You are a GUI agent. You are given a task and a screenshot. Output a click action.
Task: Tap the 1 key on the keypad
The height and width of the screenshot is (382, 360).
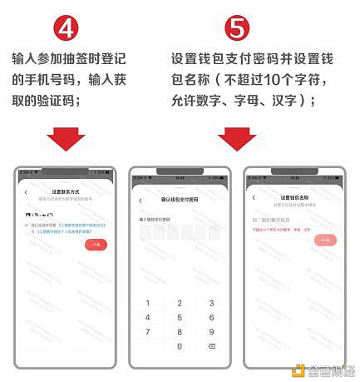click(148, 303)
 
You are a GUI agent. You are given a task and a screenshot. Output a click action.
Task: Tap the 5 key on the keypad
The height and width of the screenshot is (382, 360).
click(179, 317)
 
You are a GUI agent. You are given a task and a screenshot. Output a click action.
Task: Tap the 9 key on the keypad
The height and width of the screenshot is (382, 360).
click(210, 331)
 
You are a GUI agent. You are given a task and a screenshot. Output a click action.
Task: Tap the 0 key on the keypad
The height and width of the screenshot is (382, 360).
click(179, 345)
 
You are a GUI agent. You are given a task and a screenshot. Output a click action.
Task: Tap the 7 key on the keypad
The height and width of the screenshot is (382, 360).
click(148, 331)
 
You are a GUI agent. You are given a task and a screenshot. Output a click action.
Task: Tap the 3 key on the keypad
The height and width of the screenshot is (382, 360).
click(210, 303)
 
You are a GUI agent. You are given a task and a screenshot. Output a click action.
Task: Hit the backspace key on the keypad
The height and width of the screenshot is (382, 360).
click(210, 345)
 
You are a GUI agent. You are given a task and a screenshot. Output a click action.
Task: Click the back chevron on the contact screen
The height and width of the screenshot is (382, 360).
click(26, 193)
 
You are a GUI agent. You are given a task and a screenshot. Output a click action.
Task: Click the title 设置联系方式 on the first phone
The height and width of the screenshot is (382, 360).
click(64, 191)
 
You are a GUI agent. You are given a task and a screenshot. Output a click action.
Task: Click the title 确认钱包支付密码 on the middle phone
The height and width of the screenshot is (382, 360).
click(179, 200)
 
